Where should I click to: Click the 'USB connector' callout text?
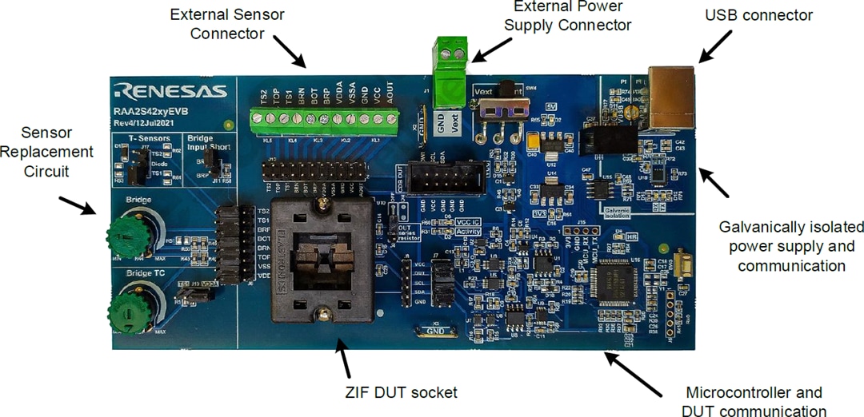coord(758,15)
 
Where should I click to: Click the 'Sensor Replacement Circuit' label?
coord(46,151)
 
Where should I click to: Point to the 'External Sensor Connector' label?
coord(227,24)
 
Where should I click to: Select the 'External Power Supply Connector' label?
coord(573,16)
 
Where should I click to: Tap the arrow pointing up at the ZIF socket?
coord(344,357)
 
